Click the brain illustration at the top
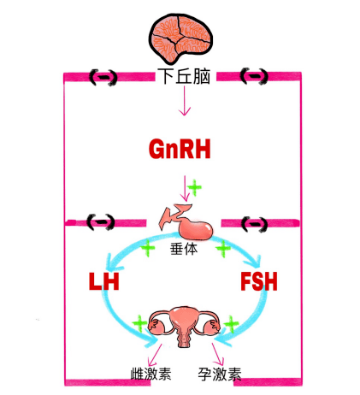180,38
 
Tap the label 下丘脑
186,77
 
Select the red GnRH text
180,149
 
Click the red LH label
103,281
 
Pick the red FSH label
259,281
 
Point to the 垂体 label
184,249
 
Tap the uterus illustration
185,326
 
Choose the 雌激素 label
150,374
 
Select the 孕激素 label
220,374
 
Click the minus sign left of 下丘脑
103,77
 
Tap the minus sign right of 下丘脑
254,76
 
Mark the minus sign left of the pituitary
101,221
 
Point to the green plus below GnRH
195,187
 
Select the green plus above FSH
223,248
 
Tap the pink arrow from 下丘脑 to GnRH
185,101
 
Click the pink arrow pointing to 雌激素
155,355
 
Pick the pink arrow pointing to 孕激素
218,354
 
